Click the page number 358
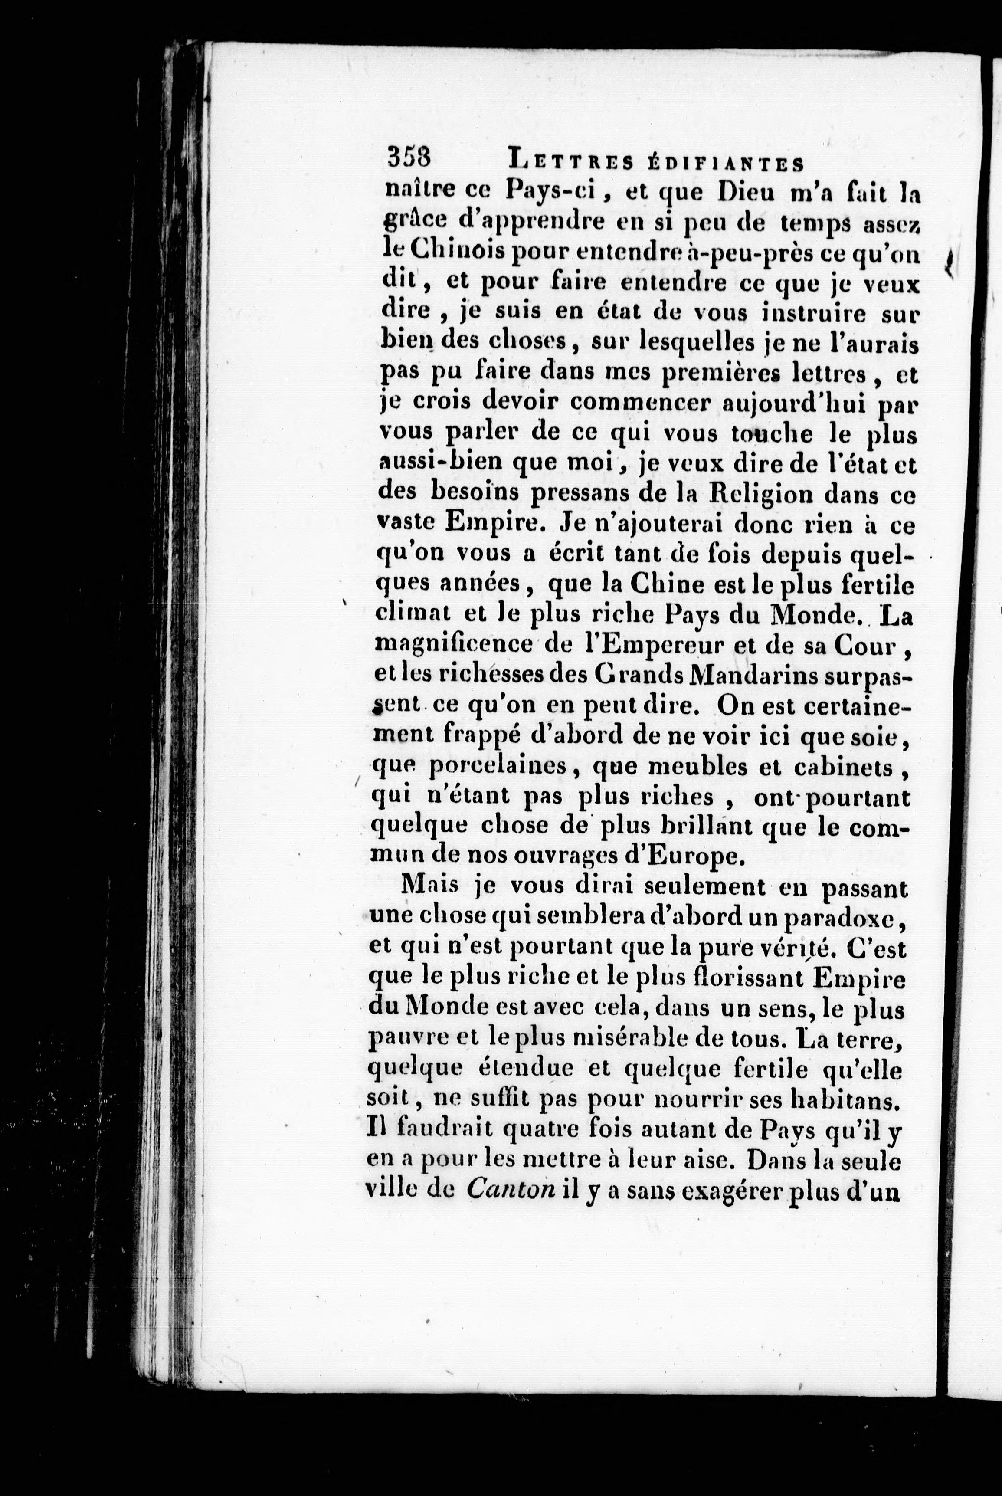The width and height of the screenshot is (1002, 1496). coord(409,157)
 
